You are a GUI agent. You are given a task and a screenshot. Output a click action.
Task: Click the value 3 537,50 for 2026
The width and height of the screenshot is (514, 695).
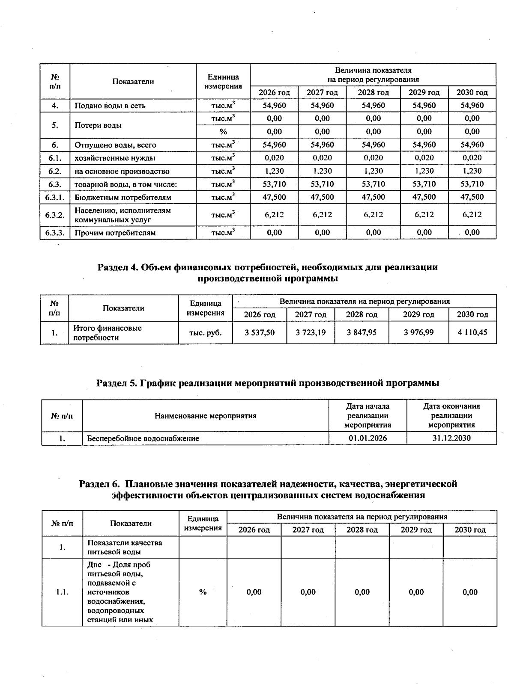click(259, 332)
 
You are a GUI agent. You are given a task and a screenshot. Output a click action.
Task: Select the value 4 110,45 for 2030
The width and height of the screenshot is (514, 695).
click(472, 332)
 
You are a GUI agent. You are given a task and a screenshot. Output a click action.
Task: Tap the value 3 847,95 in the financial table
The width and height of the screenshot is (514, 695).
click(361, 332)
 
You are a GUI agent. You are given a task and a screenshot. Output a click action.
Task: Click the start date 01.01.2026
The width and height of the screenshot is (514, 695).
click(368, 438)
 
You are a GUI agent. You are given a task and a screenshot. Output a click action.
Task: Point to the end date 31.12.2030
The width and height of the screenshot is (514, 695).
click(451, 438)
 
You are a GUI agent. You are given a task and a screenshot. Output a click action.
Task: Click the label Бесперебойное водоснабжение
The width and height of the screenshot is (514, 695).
click(143, 438)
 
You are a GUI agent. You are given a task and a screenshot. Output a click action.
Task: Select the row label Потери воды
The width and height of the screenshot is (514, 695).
click(98, 125)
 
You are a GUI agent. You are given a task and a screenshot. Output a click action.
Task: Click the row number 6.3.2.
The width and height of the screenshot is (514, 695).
click(55, 215)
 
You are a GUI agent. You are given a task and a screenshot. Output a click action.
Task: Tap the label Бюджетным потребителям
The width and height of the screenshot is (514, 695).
click(123, 198)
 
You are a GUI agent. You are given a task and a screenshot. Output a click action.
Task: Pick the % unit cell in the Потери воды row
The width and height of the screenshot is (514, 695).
click(223, 132)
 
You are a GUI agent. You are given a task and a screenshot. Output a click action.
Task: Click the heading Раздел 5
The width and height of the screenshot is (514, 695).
click(115, 383)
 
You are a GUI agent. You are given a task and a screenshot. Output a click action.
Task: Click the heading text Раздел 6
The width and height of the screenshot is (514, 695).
click(99, 484)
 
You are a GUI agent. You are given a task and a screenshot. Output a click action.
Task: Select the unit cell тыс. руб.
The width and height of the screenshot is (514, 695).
click(205, 332)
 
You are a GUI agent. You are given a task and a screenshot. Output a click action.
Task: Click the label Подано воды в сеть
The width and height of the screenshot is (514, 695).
click(110, 106)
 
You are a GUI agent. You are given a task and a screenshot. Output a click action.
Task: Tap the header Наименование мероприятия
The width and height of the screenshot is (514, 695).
click(205, 416)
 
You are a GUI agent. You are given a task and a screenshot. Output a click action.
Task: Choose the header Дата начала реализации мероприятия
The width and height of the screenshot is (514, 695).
click(368, 415)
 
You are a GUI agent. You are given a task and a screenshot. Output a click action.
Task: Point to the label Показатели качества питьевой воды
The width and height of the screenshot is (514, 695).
click(125, 547)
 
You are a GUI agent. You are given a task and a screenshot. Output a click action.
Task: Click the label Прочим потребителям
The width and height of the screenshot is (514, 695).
click(115, 233)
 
